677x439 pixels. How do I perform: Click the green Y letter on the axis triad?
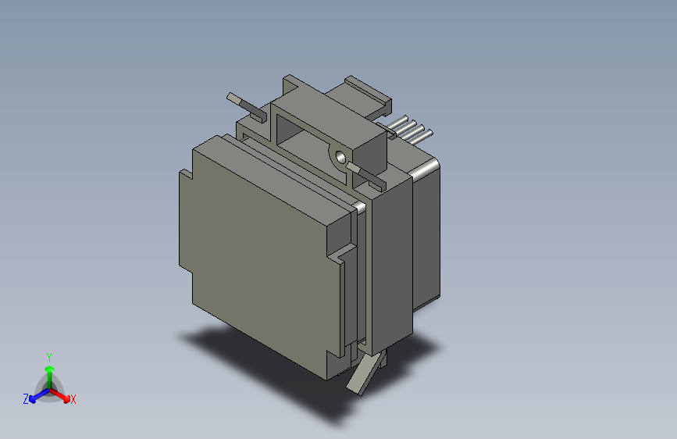tap(49, 356)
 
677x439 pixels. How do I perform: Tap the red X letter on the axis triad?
tap(73, 399)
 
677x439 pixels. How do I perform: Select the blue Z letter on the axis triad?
tap(26, 399)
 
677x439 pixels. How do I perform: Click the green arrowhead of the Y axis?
tap(49, 368)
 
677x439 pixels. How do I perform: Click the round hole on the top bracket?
tap(340, 155)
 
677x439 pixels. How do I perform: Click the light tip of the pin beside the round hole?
tap(354, 168)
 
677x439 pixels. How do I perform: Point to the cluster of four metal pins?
tap(410, 130)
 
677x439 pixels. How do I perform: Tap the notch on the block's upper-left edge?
tap(186, 173)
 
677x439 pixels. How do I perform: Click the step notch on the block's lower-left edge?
tap(191, 276)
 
